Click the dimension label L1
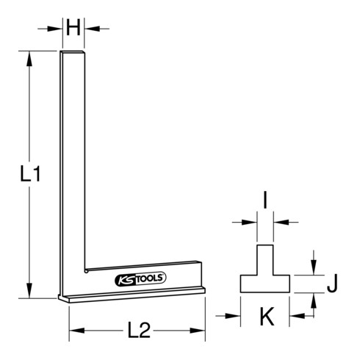(x=28, y=174)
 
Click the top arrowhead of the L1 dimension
(x=29, y=57)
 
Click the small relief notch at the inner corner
(x=86, y=270)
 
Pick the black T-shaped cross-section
(x=264, y=276)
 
